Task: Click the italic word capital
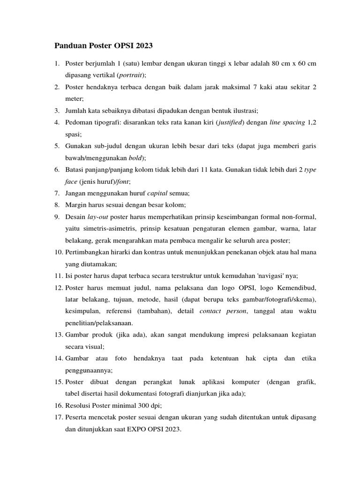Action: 158,193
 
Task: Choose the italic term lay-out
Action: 98,217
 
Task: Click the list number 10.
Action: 58,252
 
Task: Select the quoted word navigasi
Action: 263,275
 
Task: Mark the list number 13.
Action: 58,335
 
